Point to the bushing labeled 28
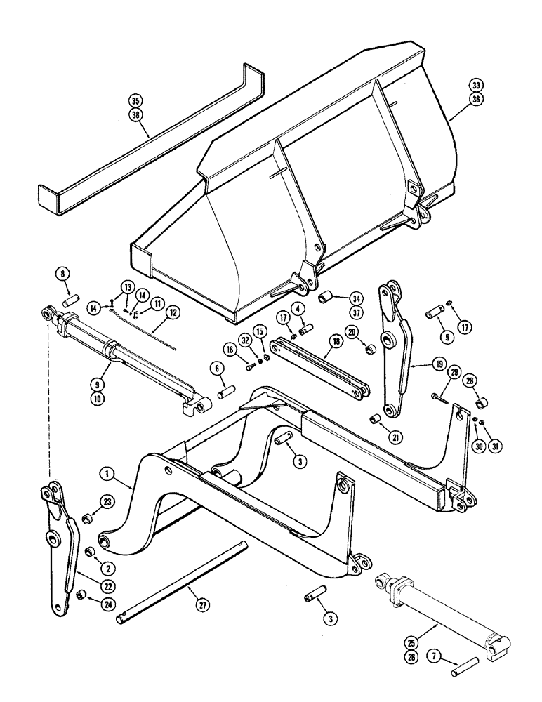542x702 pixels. [x=482, y=406]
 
